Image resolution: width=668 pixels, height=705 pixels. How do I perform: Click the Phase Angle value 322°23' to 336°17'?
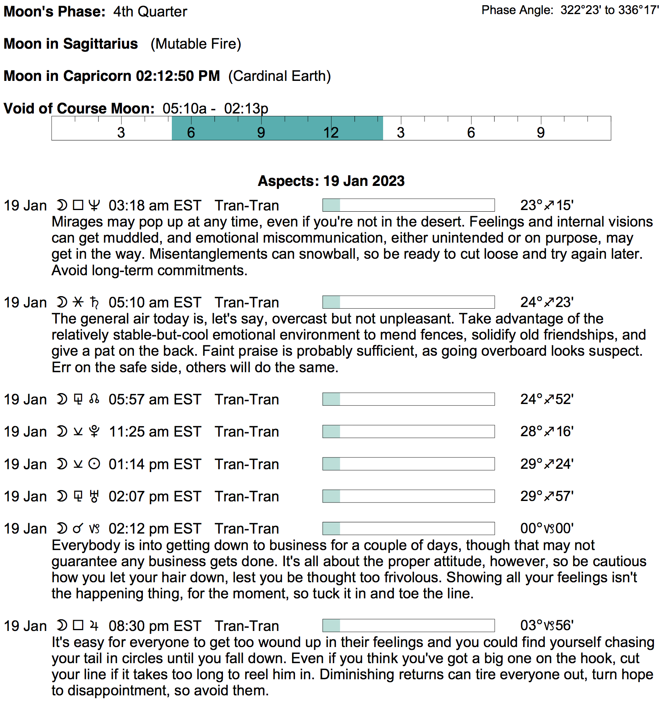(x=609, y=10)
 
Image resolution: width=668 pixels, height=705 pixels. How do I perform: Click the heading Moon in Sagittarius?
(x=71, y=43)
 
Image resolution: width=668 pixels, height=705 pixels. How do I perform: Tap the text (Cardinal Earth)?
(x=279, y=76)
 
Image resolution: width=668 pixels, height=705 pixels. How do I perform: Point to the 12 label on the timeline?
(x=331, y=132)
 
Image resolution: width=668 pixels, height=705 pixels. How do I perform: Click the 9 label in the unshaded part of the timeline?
(x=540, y=132)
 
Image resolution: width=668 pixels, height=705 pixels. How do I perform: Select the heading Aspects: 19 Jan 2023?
(x=331, y=181)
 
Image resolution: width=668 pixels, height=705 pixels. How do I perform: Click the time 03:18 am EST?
(x=155, y=206)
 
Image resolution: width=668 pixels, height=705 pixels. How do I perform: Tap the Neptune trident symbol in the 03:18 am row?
(x=94, y=205)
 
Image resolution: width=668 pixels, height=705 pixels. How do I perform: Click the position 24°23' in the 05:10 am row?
(x=546, y=302)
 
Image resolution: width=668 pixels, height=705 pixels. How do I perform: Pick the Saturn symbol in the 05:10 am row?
(x=94, y=302)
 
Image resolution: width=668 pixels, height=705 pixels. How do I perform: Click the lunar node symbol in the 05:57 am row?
(x=94, y=399)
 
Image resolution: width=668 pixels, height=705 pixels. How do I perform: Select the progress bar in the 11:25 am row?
(x=408, y=431)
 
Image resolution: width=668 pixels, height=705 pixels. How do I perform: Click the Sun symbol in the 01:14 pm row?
(x=94, y=464)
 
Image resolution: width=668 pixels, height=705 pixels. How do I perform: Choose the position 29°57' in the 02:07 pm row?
(x=546, y=496)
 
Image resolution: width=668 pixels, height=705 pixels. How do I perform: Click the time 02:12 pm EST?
(x=155, y=529)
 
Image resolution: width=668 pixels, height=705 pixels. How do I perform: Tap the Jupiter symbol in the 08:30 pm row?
(x=94, y=626)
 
